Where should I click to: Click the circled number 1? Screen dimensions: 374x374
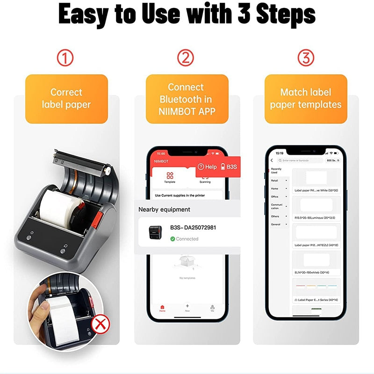click(x=65, y=58)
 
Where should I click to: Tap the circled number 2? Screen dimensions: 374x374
click(x=186, y=58)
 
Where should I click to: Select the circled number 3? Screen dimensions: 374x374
click(x=306, y=58)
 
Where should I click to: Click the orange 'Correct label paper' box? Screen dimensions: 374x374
click(x=66, y=99)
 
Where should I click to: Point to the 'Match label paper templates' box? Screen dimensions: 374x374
click(x=306, y=99)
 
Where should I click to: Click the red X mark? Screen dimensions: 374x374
click(x=98, y=323)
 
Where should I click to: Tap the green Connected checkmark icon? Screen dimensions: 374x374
click(x=173, y=239)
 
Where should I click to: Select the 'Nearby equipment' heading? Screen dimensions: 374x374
click(x=164, y=209)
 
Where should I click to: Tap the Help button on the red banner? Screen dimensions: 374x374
click(x=207, y=166)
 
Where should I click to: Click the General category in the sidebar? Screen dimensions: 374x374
click(x=276, y=224)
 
